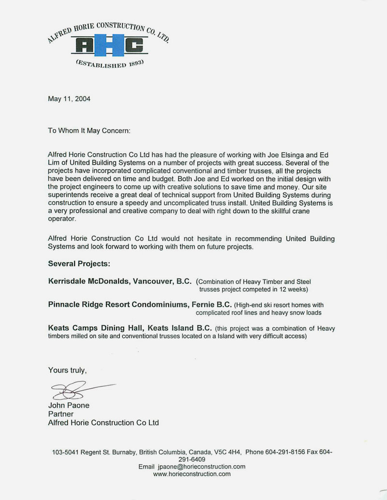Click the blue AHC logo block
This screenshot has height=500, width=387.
click(109, 46)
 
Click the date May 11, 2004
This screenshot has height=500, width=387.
click(69, 99)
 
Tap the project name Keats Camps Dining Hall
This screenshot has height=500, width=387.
click(97, 328)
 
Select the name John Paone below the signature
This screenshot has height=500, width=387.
click(69, 405)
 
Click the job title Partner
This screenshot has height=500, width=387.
click(60, 414)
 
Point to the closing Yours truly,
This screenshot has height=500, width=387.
click(68, 370)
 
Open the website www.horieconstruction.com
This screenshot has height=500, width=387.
click(192, 474)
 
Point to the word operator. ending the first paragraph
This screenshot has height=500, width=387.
click(62, 219)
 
